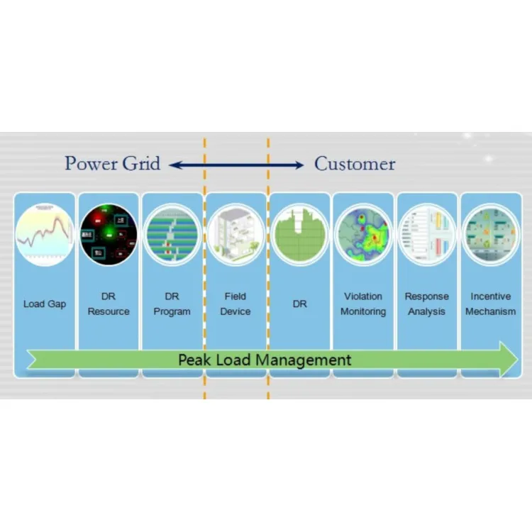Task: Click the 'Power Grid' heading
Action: (112, 164)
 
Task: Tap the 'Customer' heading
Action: (355, 164)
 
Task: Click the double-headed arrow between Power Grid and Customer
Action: (236, 165)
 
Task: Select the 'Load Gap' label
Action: (45, 304)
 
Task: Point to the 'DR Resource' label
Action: (109, 304)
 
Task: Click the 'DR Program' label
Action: (172, 304)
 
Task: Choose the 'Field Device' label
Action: (235, 304)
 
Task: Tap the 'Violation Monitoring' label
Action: (362, 304)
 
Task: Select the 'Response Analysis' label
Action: (426, 304)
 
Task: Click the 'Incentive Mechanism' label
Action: (490, 304)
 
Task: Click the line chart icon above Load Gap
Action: (45, 234)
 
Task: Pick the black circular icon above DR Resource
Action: (109, 234)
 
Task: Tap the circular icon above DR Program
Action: (172, 234)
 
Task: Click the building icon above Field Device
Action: (235, 234)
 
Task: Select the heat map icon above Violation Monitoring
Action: (362, 234)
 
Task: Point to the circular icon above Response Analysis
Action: (426, 234)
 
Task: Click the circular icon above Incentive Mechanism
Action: (490, 234)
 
